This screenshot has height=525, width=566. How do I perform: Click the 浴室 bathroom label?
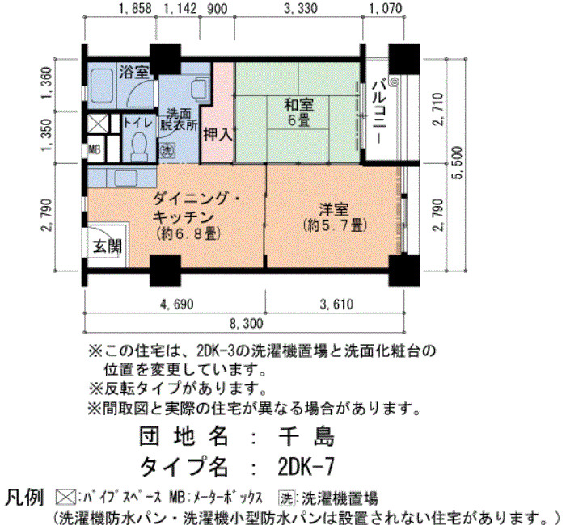pos(134,73)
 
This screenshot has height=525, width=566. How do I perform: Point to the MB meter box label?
pos(95,149)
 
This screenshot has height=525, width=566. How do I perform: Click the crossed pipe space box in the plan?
pos(98,124)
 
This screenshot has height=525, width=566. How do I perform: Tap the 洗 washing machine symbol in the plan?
pos(167,150)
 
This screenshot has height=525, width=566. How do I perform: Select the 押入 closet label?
pos(218,135)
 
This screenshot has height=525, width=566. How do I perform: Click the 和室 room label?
pos(299,104)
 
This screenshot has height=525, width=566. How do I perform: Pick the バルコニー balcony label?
pos(379,112)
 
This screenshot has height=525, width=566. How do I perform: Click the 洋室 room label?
pos(334,210)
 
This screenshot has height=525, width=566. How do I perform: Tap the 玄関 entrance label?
pos(108,246)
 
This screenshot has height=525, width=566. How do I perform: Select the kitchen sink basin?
pos(126,178)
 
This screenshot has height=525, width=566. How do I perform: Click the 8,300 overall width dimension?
pos(246,323)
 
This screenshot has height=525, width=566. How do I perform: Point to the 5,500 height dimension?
pos(458,163)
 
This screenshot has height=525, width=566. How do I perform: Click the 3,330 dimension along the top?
pos(300,8)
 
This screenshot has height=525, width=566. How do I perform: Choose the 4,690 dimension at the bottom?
pos(176,304)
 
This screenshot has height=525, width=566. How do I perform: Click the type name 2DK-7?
pos(306,467)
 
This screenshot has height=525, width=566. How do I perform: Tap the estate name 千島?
pos(306,435)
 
